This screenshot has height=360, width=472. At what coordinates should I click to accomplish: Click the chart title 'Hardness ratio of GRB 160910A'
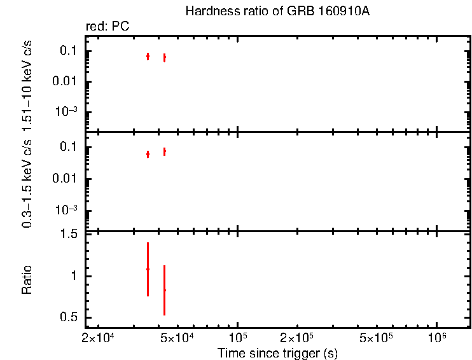[276, 11]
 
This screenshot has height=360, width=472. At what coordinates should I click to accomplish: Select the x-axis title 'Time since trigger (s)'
[277, 353]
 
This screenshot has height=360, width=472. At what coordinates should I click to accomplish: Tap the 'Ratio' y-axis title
[27, 280]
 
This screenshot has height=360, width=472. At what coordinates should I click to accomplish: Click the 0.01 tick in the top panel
[66, 81]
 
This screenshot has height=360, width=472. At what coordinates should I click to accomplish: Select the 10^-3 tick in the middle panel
[66, 210]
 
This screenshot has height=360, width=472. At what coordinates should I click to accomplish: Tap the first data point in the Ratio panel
[148, 269]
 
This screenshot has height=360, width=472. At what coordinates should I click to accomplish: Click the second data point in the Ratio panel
[164, 290]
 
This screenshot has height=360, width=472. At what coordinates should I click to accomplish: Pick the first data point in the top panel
[148, 57]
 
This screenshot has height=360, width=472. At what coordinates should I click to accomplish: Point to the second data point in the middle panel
[164, 151]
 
